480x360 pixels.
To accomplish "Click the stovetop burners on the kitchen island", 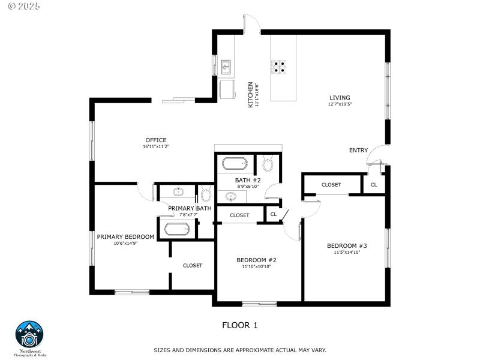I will click(x=279, y=66).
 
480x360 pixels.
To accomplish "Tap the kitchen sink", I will click(x=226, y=65).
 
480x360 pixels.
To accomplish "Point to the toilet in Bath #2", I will click(x=268, y=164).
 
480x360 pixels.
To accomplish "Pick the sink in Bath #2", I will click(x=231, y=196).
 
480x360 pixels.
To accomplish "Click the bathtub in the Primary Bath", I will click(x=177, y=229).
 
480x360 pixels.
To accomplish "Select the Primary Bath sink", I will click(x=178, y=193).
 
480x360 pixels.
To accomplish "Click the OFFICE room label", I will click(x=155, y=140).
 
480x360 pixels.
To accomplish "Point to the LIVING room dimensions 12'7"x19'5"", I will click(x=340, y=104).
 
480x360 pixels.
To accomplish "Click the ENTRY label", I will click(x=358, y=150).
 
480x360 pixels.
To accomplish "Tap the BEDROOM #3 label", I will click(x=347, y=246).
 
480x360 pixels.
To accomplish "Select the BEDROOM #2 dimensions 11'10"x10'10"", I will click(x=256, y=266).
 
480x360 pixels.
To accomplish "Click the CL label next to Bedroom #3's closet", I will click(x=374, y=184).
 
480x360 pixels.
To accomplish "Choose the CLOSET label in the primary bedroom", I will click(x=192, y=265).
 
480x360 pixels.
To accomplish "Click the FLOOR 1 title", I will click(x=240, y=325).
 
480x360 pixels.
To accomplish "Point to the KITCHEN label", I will click(x=251, y=94).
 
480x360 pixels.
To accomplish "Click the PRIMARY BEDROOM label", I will click(x=125, y=236).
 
